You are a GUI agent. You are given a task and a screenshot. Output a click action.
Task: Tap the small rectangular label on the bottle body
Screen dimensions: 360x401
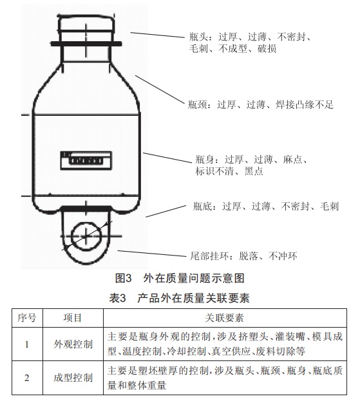click(86, 160)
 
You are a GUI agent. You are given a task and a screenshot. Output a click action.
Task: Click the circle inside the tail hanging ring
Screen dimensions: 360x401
click(86, 236)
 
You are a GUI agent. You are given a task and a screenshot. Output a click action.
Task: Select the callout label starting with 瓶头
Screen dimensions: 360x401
click(250, 42)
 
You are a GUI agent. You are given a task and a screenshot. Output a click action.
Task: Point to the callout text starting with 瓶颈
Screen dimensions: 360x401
click(260, 105)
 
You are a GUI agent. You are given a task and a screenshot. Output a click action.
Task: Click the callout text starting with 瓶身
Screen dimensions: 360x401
click(251, 165)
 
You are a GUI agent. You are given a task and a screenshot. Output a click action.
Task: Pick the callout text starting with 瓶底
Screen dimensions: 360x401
click(266, 206)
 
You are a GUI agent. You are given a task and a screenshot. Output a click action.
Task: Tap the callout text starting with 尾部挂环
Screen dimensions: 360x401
click(243, 256)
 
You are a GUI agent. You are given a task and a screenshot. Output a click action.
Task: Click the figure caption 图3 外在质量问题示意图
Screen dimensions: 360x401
click(180, 278)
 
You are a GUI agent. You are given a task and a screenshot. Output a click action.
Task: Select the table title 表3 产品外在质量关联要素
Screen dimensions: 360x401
click(180, 298)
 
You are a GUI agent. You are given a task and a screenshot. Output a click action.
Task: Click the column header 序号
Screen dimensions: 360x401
click(27, 318)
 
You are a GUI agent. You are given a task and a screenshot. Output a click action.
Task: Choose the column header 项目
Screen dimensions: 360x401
click(73, 318)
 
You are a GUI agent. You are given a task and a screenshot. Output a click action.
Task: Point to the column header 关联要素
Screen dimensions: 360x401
click(224, 318)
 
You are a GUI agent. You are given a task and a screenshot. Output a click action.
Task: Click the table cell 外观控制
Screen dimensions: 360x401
click(73, 344)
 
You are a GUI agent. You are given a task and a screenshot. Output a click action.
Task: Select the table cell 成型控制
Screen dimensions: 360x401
click(73, 378)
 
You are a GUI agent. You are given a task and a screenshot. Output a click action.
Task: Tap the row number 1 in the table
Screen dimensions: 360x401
click(27, 344)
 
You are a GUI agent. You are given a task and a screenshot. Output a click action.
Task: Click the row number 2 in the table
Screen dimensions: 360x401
click(27, 378)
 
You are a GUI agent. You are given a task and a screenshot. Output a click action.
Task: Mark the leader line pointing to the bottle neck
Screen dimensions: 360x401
click(160, 89)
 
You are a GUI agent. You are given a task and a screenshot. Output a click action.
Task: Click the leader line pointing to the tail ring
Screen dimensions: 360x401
click(152, 254)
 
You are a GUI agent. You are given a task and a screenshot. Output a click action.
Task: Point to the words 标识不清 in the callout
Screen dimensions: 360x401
click(214, 171)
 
